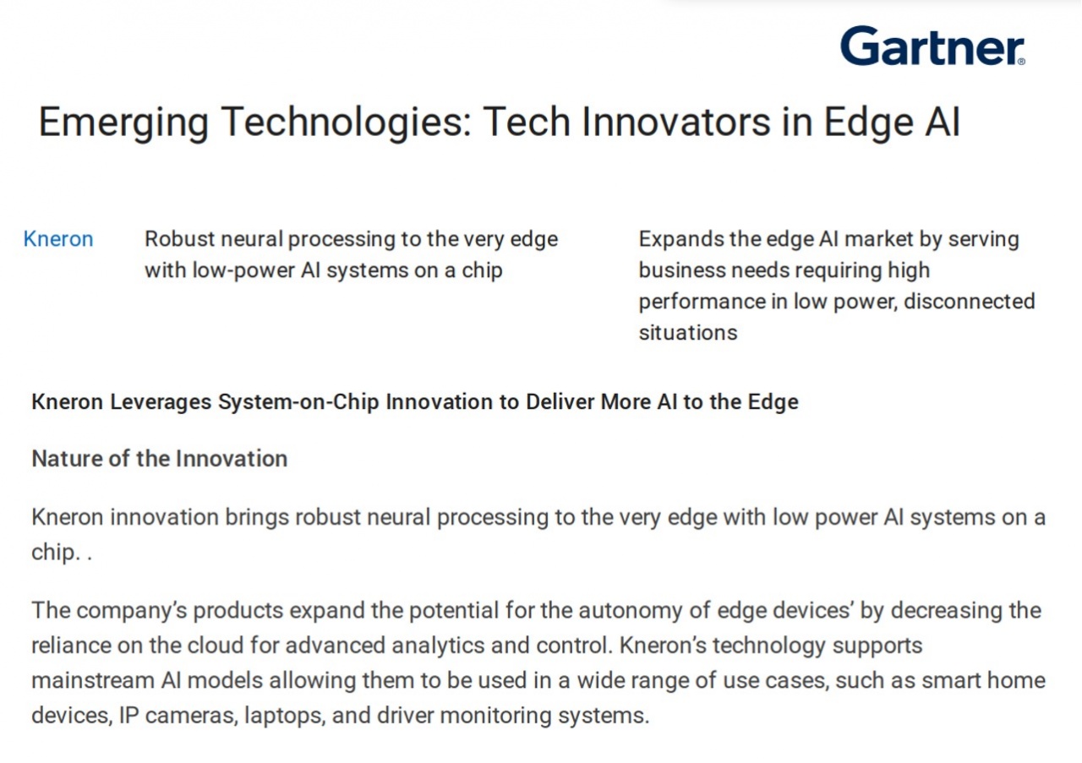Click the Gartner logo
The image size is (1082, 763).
(x=932, y=46)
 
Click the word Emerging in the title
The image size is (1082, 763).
(x=123, y=123)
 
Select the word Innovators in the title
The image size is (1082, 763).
(x=675, y=122)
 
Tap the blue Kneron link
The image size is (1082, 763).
(x=58, y=239)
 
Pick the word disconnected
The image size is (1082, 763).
(x=970, y=302)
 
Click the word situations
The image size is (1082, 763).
(x=688, y=333)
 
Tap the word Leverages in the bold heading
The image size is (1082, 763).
(x=161, y=402)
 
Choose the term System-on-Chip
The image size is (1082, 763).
(x=298, y=402)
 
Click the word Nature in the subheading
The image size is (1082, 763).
(x=67, y=459)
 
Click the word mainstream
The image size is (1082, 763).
(x=93, y=681)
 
